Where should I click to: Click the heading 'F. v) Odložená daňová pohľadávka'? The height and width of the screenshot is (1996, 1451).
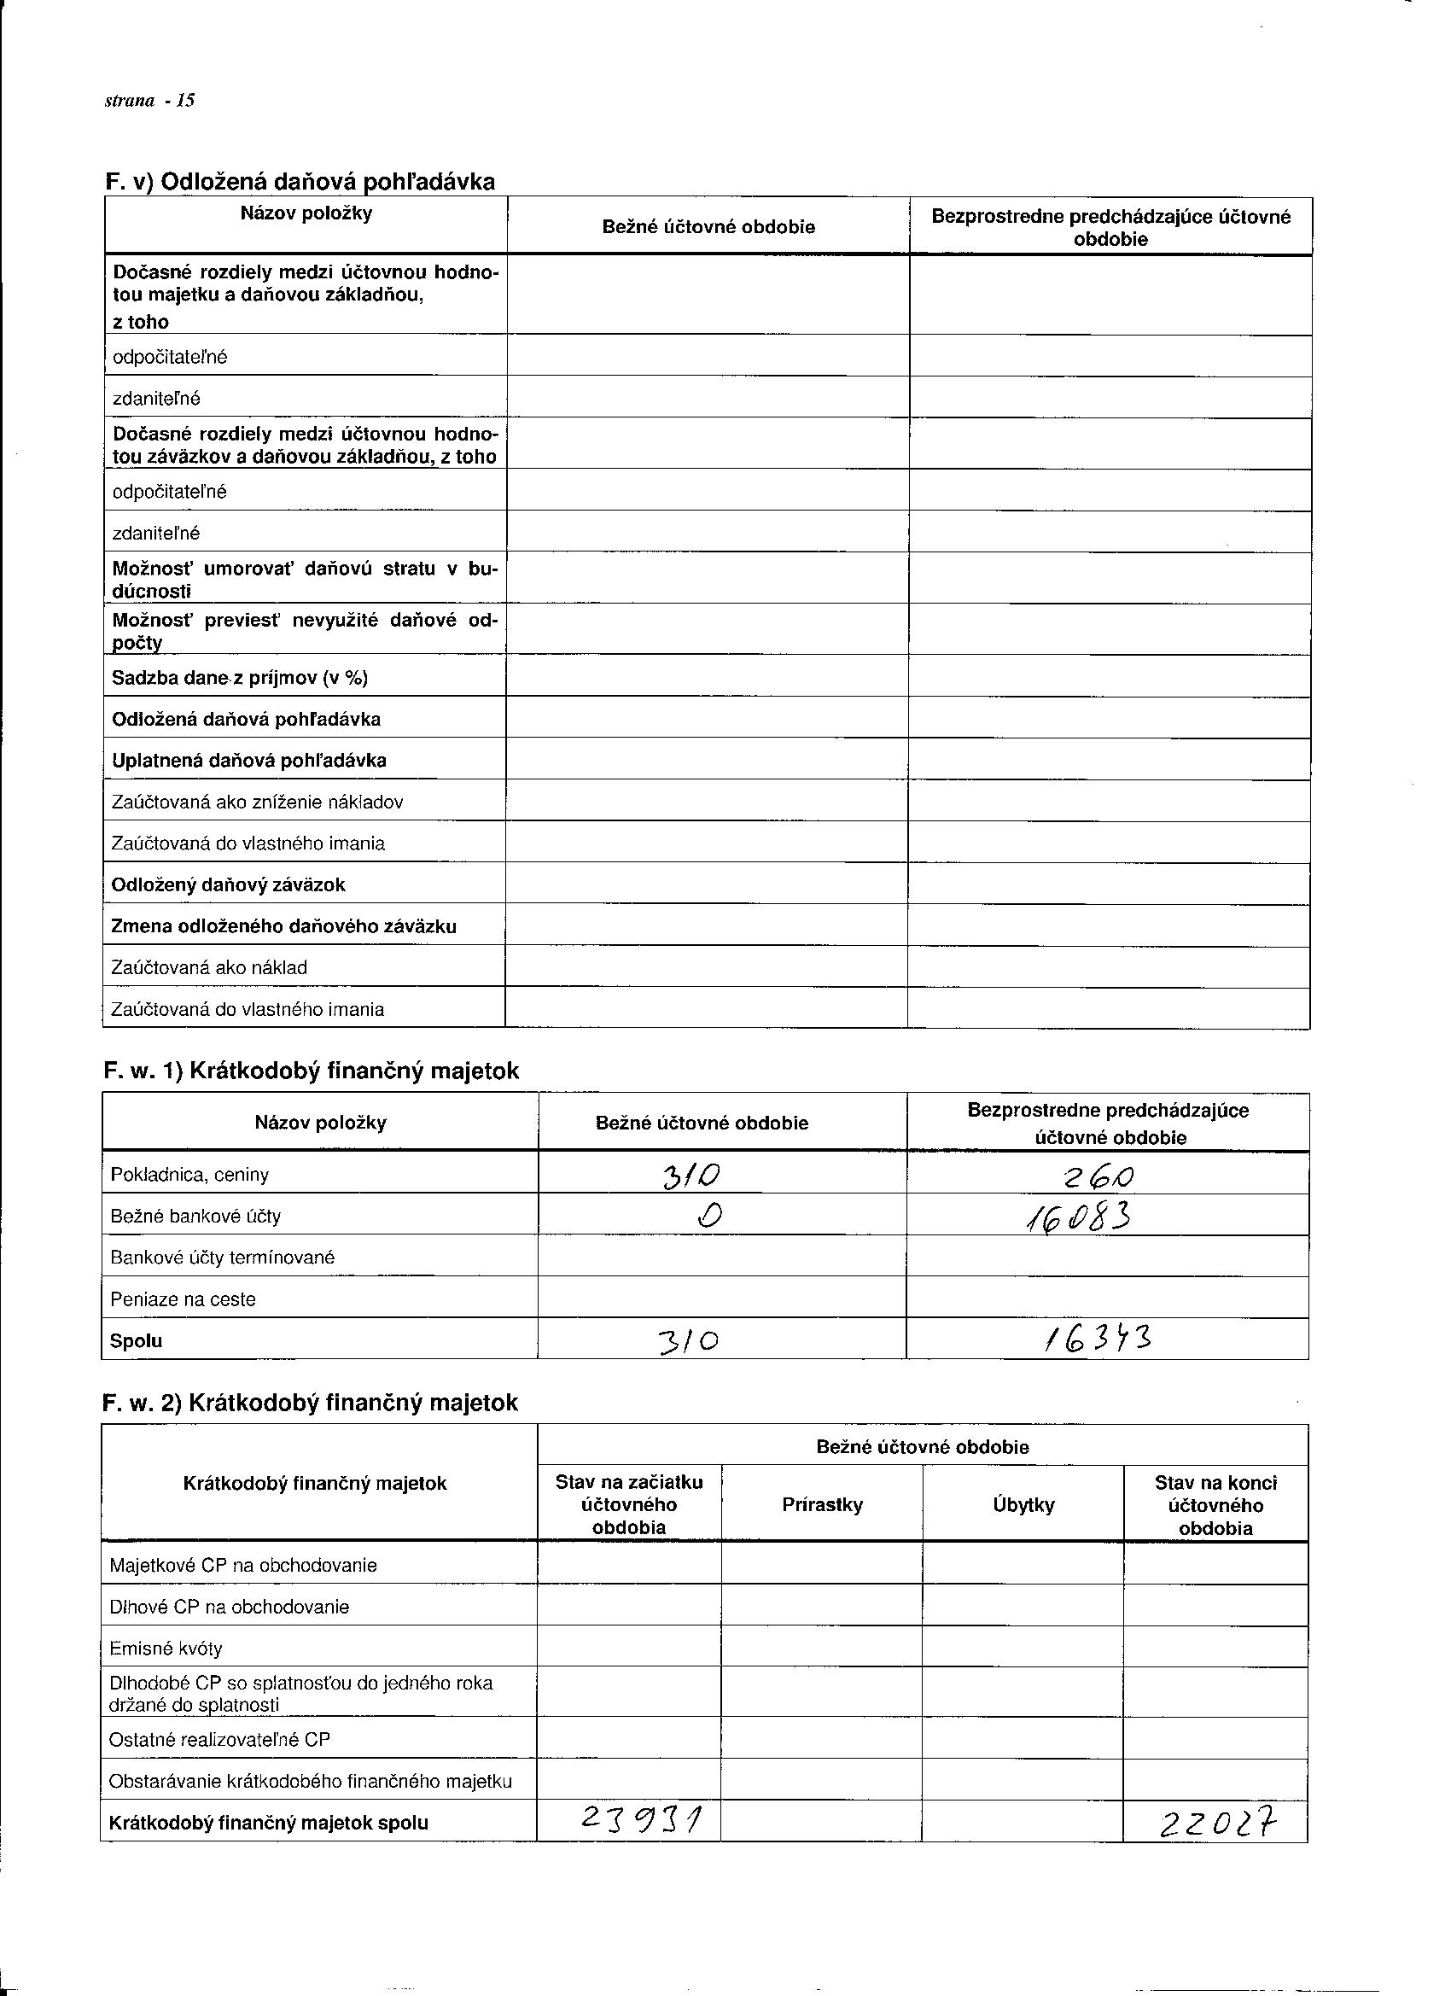click(x=300, y=181)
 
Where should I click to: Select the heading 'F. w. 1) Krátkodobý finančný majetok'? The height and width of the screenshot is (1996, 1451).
click(x=311, y=1071)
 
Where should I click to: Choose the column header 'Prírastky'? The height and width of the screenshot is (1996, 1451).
click(x=822, y=1504)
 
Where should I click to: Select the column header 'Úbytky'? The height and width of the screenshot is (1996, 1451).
click(x=1023, y=1504)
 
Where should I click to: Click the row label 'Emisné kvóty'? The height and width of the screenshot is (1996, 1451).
click(x=166, y=1649)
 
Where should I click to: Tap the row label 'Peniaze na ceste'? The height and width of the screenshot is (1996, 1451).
click(x=183, y=1299)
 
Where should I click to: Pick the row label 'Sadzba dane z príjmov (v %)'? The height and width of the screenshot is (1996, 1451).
click(x=239, y=678)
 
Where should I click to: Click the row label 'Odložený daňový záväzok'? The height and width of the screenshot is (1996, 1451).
click(x=228, y=884)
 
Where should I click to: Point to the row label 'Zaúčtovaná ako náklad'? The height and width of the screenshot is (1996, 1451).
click(x=208, y=967)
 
